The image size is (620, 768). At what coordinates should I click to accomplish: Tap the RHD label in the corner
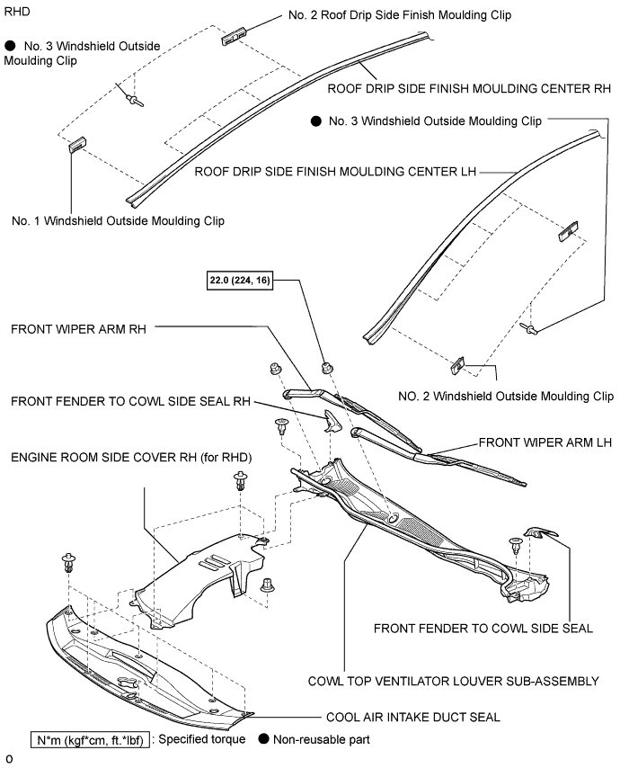pyautogui.click(x=17, y=12)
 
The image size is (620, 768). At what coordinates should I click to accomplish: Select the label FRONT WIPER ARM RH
pyautogui.click(x=78, y=329)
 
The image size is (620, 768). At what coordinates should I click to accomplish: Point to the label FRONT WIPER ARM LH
pyautogui.click(x=545, y=442)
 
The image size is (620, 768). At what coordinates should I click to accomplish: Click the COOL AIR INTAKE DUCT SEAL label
pyautogui.click(x=413, y=718)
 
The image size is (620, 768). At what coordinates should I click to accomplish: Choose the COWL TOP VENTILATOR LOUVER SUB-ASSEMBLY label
pyautogui.click(x=454, y=682)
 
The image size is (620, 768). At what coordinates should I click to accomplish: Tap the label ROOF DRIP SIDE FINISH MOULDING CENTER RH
pyautogui.click(x=469, y=89)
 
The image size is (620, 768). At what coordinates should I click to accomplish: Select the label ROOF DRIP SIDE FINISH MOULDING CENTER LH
pyautogui.click(x=335, y=172)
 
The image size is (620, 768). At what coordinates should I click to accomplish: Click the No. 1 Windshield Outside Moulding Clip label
pyautogui.click(x=118, y=221)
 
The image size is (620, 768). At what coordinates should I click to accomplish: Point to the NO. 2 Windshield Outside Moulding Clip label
pyautogui.click(x=506, y=397)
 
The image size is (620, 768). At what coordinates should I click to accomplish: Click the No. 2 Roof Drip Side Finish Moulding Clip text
pyautogui.click(x=400, y=15)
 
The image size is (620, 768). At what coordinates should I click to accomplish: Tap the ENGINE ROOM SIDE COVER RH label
pyautogui.click(x=131, y=458)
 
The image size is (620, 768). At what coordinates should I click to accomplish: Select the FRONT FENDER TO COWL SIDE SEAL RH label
pyautogui.click(x=130, y=402)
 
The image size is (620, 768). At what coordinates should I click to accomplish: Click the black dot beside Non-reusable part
pyautogui.click(x=264, y=738)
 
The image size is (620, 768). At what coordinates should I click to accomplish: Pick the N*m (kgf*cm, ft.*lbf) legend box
pyautogui.click(x=90, y=739)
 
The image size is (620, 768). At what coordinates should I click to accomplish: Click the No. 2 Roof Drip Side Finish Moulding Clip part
pyautogui.click(x=234, y=37)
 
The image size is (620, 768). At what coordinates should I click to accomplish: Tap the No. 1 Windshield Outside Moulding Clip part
pyautogui.click(x=77, y=145)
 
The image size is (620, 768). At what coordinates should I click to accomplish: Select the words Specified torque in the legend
pyautogui.click(x=202, y=739)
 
